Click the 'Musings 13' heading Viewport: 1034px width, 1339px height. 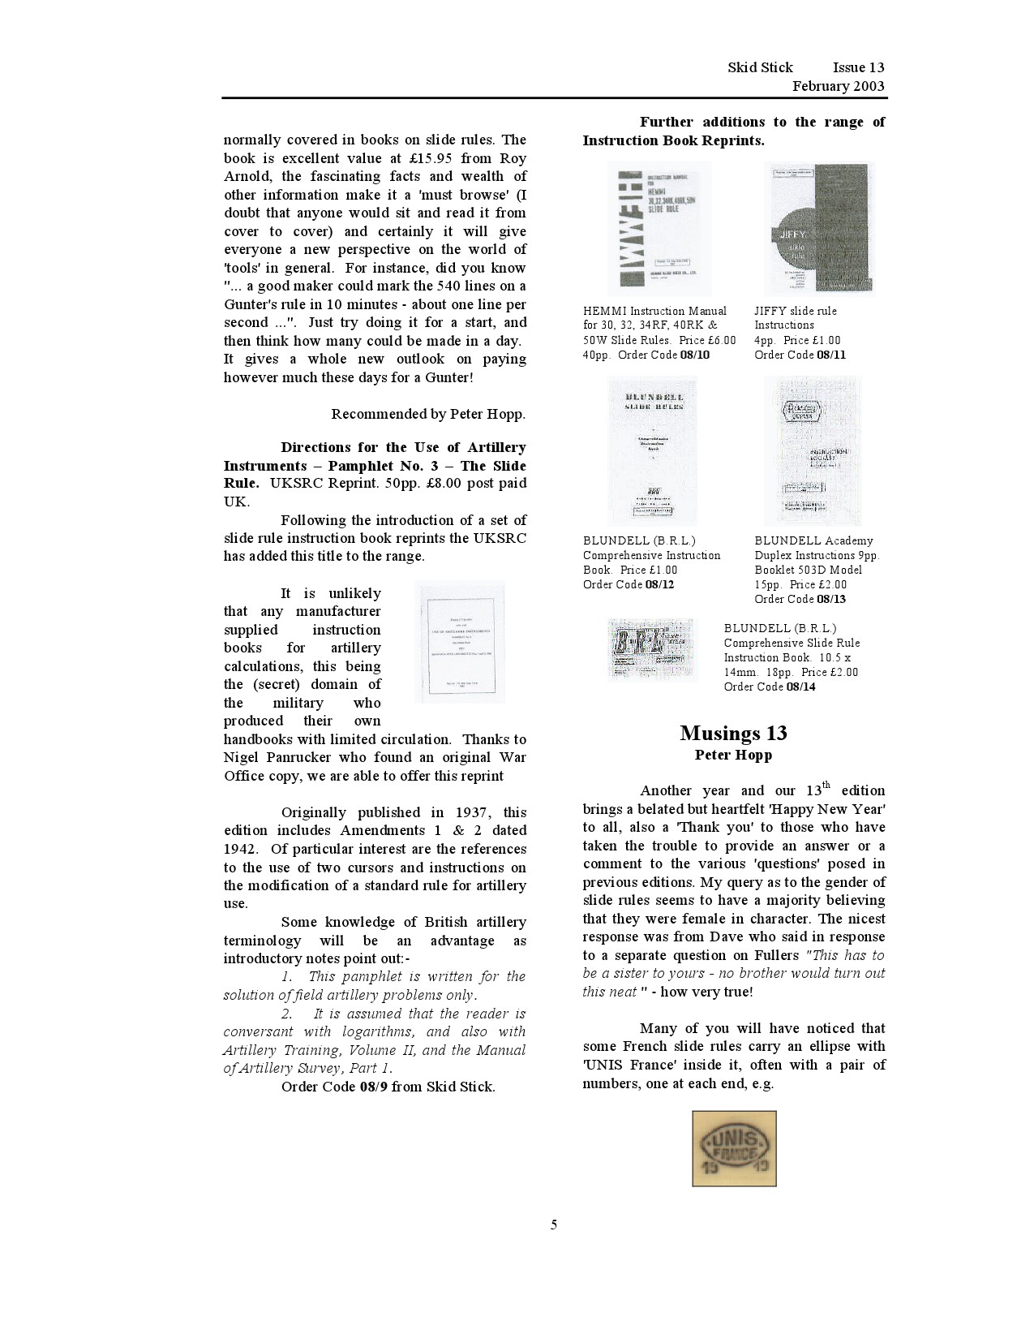733,733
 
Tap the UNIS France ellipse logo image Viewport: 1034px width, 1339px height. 734,1148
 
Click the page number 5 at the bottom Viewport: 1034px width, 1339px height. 554,1225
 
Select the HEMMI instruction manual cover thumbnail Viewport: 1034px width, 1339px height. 659,228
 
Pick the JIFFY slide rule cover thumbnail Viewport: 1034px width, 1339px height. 820,227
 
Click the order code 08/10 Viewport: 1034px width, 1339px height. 694,355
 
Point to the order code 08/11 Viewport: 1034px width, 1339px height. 830,355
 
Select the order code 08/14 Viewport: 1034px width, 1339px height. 800,687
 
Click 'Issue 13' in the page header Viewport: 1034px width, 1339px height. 858,67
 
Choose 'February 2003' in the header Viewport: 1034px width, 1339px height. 838,86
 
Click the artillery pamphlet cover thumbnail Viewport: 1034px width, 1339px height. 459,641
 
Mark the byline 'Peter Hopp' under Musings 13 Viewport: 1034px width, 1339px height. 733,756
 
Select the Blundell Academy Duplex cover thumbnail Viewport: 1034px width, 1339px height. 813,450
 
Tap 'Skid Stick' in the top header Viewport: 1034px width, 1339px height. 760,67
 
